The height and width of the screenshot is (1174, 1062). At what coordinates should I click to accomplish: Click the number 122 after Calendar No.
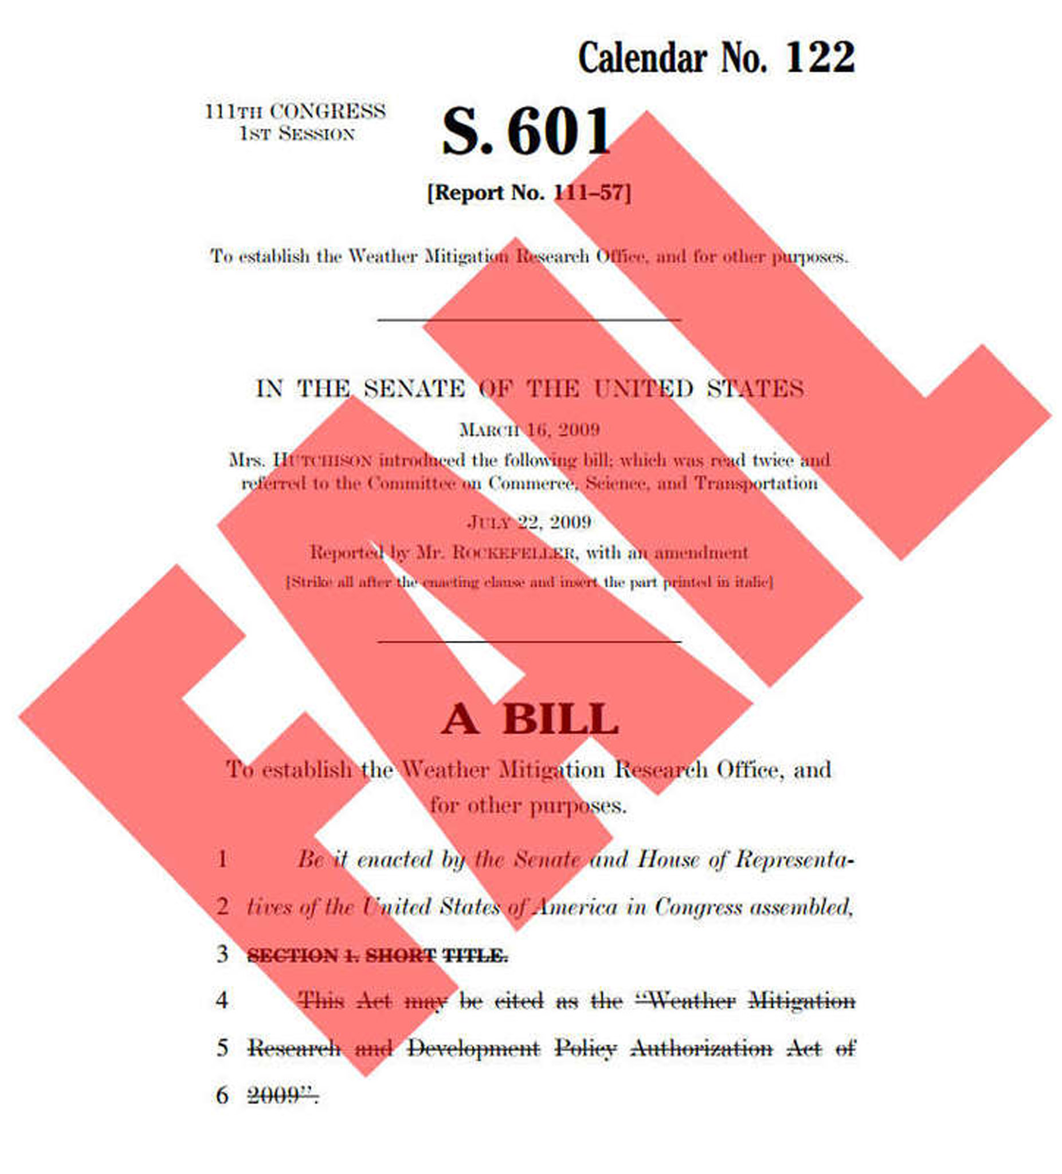pos(820,58)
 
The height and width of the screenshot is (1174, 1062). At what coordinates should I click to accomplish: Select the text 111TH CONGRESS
pos(295,111)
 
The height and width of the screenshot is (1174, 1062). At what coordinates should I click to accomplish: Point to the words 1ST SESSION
pos(296,134)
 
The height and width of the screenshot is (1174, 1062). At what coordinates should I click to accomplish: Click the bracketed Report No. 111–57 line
pos(528,193)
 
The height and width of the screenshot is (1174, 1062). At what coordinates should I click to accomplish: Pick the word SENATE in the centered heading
pos(414,389)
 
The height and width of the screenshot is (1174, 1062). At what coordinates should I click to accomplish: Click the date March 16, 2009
pos(529,430)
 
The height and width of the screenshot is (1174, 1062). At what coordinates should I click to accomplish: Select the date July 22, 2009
pos(529,522)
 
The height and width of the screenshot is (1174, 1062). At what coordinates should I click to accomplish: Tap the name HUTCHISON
pos(322,461)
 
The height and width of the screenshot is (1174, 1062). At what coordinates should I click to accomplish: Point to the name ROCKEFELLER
pos(515,553)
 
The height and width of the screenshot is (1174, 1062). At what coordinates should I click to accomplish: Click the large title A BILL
pos(529,720)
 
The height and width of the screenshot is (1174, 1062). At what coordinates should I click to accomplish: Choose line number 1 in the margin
pos(222,859)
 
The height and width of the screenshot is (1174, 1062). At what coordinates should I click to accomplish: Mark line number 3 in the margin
pos(222,954)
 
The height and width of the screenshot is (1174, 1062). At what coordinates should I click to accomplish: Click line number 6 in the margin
pos(222,1095)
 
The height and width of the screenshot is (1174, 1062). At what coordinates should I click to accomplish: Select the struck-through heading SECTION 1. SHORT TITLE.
pos(377,956)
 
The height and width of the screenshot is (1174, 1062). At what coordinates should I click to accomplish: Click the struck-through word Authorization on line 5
pos(701,1049)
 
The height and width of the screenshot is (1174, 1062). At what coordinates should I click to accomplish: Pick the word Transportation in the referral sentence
pos(757,483)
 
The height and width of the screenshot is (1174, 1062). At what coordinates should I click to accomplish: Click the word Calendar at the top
pos(642,58)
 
